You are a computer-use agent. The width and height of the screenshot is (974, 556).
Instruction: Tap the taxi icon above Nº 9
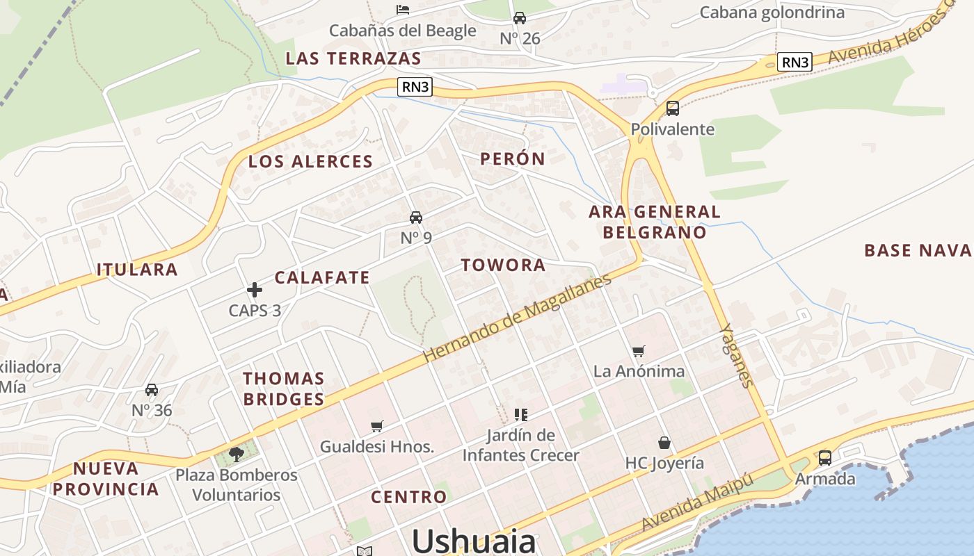pos(416,218)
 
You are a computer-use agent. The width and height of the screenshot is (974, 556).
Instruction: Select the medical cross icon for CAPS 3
pos(255,290)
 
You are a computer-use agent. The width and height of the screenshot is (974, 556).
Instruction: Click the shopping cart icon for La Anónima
pos(639,351)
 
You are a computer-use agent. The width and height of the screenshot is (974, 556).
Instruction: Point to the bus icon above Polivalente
pos(673,108)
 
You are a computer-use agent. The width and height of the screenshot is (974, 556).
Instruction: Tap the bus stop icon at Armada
pos(825,458)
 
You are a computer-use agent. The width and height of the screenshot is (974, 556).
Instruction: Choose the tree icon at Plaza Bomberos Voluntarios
pos(237,454)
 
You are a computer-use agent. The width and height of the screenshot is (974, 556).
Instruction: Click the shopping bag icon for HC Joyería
pos(664,443)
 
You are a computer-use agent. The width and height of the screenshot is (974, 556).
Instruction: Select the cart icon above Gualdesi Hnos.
pos(377,426)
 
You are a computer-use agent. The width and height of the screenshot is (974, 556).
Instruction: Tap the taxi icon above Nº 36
pos(152,390)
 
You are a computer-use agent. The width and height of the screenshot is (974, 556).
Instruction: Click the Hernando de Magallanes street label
pos(518,317)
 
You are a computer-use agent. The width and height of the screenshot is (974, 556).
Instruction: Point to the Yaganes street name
pos(737,355)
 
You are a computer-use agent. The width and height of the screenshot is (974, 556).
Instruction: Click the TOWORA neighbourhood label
pos(503,265)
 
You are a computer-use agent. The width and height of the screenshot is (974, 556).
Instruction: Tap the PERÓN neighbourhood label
pos(513,158)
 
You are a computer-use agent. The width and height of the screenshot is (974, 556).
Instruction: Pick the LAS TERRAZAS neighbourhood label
pos(353,58)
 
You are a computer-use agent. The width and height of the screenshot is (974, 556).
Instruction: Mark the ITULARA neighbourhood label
pos(137,269)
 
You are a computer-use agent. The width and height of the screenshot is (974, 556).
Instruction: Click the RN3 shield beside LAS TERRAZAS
pos(416,87)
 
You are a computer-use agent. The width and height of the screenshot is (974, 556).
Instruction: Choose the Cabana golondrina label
pos(772,13)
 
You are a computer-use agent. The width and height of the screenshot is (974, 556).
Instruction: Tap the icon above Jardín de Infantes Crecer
pos(520,415)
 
